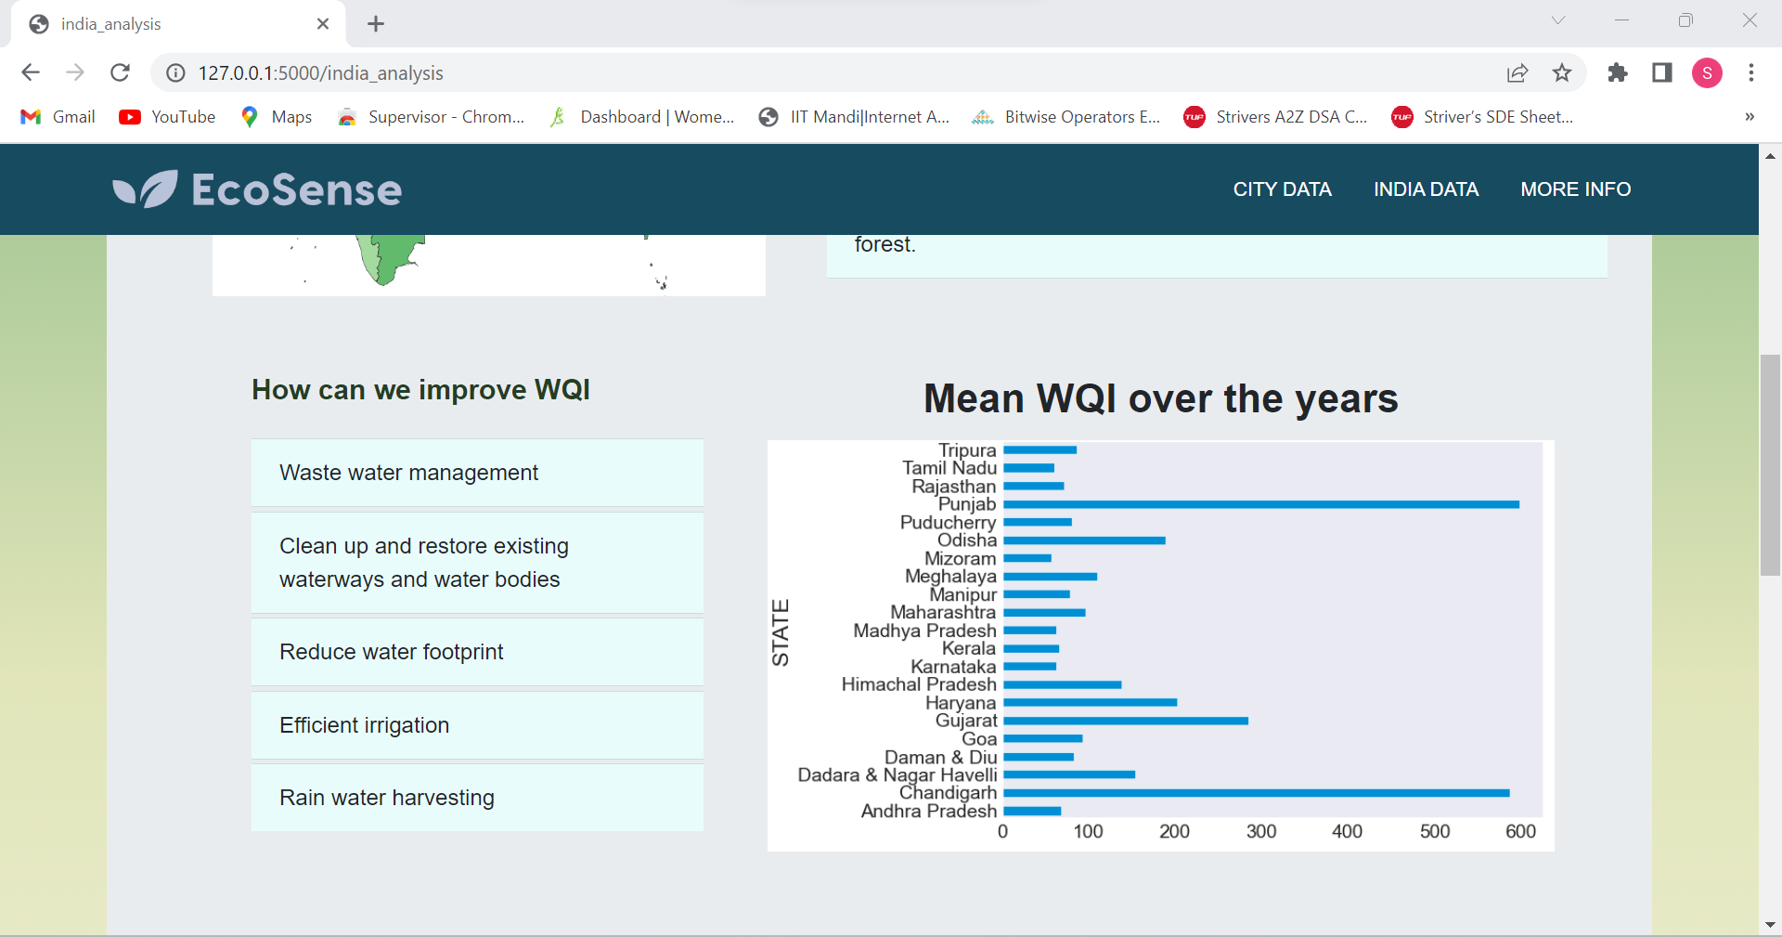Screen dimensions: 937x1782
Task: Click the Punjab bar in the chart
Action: pos(1260,504)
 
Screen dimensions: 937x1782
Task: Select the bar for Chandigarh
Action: pos(1256,793)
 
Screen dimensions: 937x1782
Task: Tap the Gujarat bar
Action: pos(1125,721)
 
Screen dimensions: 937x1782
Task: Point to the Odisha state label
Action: pos(966,540)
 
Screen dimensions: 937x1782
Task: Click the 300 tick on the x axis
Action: pos(1260,831)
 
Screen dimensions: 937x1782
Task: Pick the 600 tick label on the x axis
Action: pos(1520,831)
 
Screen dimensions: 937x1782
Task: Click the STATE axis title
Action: pos(781,632)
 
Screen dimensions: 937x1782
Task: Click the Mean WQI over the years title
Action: pos(1160,398)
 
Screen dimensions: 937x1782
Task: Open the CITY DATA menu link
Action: pos(1282,189)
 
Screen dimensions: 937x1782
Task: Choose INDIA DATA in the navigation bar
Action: pos(1426,189)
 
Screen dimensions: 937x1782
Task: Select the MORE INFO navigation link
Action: pos(1575,189)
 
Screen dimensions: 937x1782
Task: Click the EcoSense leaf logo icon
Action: pos(145,189)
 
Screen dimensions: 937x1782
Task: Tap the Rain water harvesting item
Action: pos(387,798)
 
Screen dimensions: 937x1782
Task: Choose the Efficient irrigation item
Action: pos(365,725)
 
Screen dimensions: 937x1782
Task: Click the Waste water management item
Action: pos(408,473)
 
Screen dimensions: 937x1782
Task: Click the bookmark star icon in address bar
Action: pos(1562,72)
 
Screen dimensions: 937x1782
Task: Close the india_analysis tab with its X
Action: pos(323,24)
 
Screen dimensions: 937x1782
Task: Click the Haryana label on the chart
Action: pos(960,703)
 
